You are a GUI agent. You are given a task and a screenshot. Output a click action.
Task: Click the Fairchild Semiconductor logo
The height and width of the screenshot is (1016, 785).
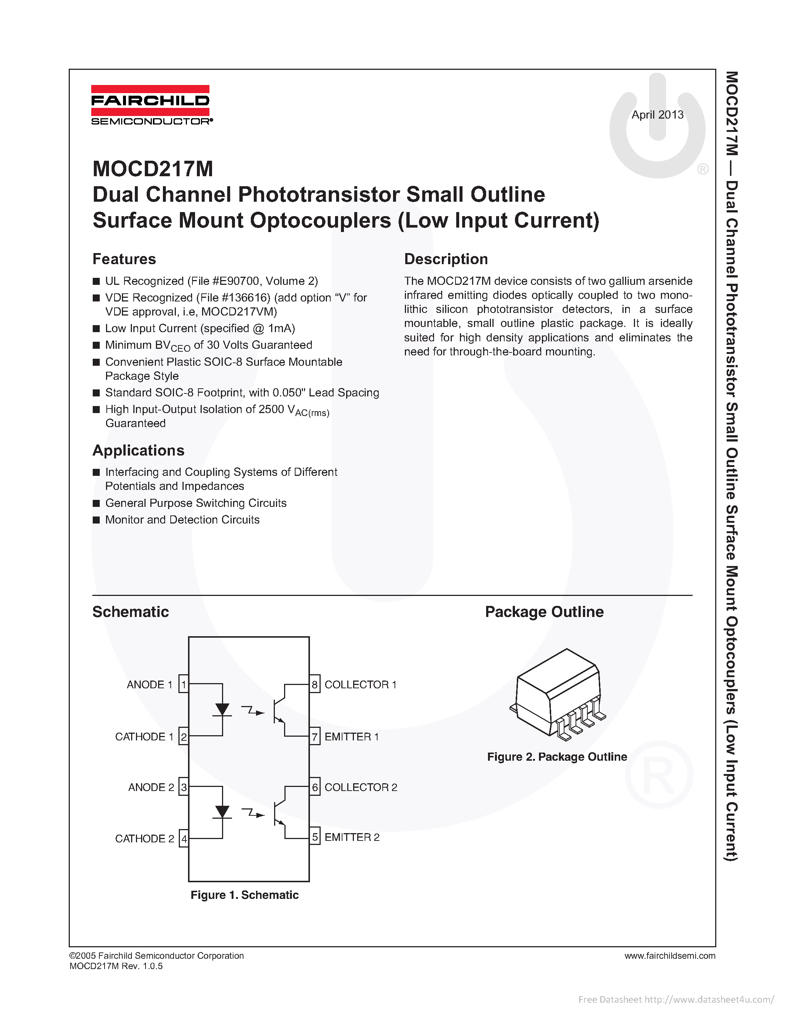tap(151, 105)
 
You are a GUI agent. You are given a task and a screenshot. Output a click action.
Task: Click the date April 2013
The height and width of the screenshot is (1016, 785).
tap(657, 115)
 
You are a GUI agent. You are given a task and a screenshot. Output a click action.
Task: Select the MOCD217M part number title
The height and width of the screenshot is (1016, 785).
tap(153, 169)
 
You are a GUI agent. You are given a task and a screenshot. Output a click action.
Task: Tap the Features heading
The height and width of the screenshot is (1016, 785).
tap(124, 259)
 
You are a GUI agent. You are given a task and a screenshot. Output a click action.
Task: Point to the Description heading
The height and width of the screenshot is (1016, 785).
tap(446, 259)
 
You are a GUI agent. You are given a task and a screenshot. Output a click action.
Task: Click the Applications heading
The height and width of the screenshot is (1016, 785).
tap(138, 450)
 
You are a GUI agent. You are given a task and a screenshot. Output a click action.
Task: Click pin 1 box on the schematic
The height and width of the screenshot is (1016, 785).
tap(184, 684)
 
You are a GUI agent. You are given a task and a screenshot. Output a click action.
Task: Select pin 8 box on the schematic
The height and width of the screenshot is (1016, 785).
tap(315, 684)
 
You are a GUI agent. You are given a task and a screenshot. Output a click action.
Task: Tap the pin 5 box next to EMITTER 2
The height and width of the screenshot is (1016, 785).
tap(315, 837)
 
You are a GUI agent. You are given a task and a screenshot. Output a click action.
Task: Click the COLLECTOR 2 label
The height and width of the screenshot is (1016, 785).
tap(361, 787)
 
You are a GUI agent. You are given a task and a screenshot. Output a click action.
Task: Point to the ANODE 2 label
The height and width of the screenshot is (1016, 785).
tap(151, 787)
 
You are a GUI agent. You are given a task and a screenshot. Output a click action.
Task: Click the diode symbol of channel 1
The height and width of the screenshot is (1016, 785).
tap(222, 710)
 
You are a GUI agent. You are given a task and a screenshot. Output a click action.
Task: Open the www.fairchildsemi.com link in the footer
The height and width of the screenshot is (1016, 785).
tap(670, 955)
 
